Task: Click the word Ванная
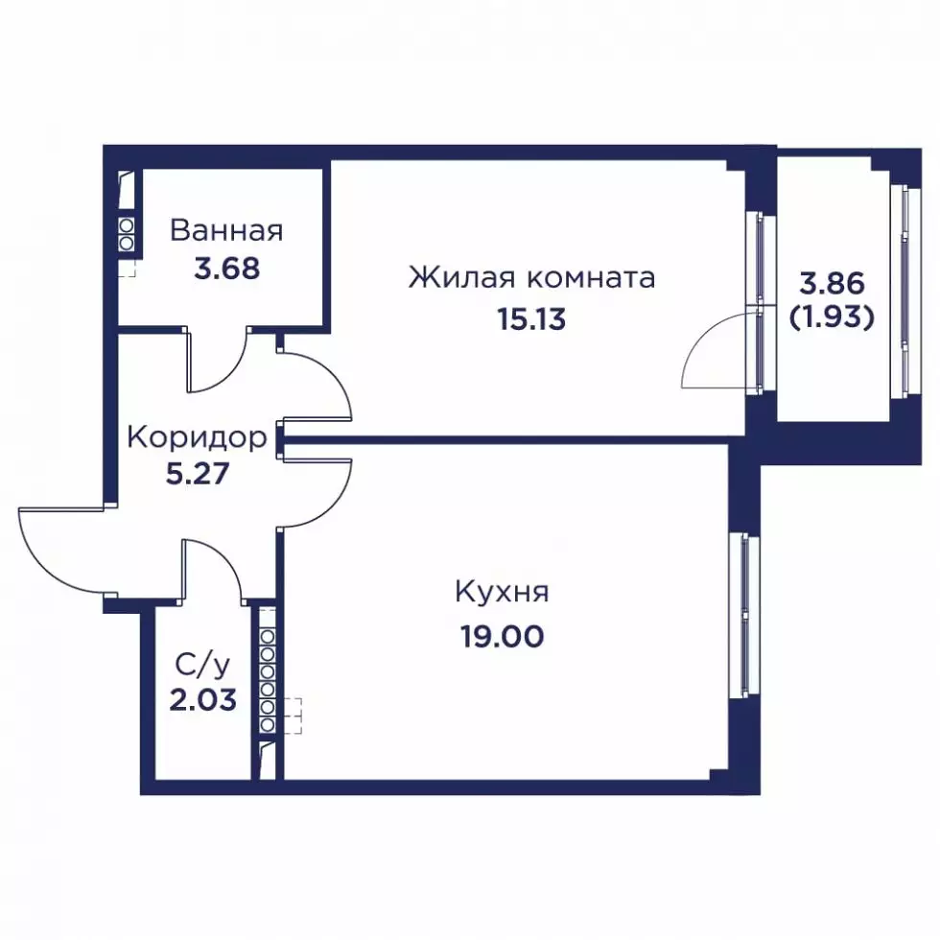(x=226, y=231)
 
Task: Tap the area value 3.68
(x=227, y=269)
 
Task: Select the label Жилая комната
(x=531, y=278)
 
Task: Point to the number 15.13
(x=531, y=319)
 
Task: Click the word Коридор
(x=198, y=437)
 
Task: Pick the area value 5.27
(x=198, y=474)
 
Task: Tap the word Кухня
(x=503, y=592)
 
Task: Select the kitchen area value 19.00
(x=503, y=636)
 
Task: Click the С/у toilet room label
(x=202, y=666)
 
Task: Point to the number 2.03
(x=202, y=699)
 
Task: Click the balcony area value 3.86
(x=833, y=284)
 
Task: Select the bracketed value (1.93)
(x=833, y=317)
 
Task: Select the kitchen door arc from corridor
(x=333, y=505)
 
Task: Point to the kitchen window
(x=744, y=617)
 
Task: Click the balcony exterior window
(x=905, y=292)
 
